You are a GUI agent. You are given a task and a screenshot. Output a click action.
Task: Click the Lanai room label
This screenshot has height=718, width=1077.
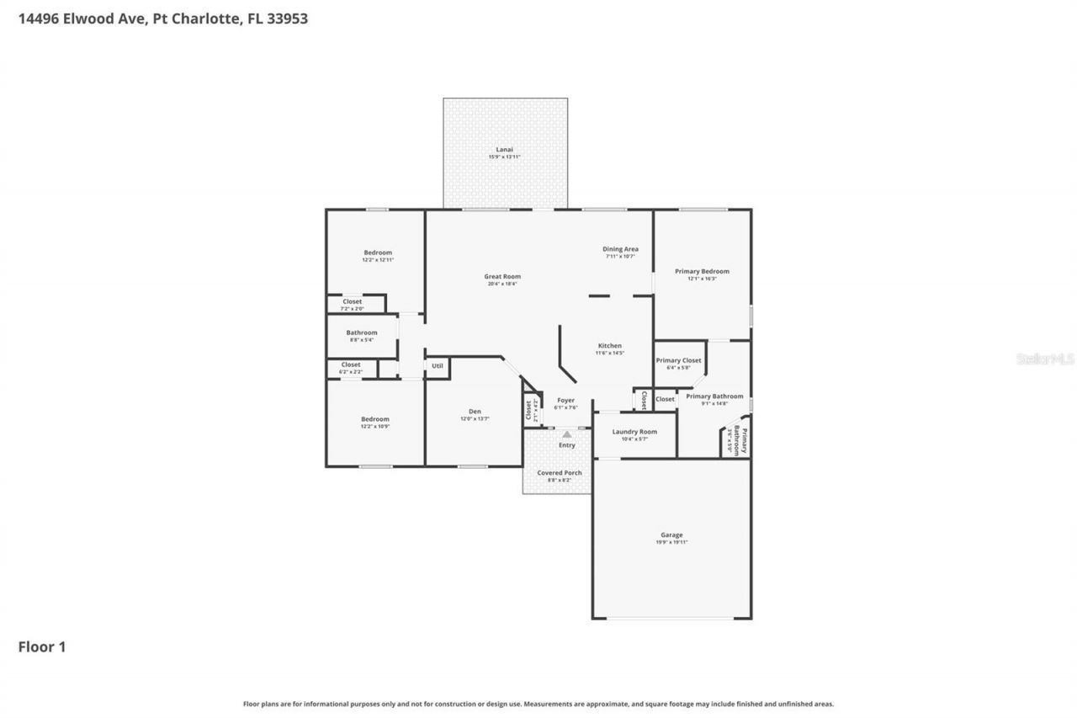click(x=504, y=150)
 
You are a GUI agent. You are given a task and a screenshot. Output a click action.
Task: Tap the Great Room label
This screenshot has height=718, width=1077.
click(x=502, y=277)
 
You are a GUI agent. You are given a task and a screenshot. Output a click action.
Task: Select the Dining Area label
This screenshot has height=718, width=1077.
click(x=620, y=249)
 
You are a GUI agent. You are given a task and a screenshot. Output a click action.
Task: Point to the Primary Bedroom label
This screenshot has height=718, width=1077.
click(x=702, y=272)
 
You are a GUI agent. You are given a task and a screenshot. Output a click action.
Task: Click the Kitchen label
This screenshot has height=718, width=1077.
click(x=610, y=346)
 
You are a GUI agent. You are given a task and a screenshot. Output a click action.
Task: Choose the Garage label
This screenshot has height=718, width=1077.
click(x=671, y=535)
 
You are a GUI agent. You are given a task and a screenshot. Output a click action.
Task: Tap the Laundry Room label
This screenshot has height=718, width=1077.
click(x=634, y=432)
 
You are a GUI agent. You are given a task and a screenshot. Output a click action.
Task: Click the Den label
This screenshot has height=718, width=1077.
click(x=475, y=412)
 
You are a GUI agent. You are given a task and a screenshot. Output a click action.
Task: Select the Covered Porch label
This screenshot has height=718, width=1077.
click(x=560, y=473)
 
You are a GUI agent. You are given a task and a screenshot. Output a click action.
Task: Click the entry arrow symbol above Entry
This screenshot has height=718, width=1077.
click(x=567, y=434)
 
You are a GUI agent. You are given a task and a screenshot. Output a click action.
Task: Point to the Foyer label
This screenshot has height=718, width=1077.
click(x=565, y=401)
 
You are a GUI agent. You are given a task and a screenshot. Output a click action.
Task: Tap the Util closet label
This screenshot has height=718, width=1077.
click(x=438, y=366)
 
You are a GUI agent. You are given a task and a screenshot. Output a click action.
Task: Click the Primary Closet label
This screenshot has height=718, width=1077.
click(x=678, y=361)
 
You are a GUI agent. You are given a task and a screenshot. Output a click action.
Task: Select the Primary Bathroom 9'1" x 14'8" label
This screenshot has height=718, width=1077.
click(x=714, y=396)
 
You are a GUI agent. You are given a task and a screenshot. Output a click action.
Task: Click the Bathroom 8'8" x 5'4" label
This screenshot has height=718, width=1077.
click(x=362, y=332)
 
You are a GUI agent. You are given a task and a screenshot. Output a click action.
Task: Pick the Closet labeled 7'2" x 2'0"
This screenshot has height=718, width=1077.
click(x=352, y=302)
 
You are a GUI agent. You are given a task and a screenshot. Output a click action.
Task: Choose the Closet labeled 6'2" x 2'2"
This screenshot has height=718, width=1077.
click(x=351, y=365)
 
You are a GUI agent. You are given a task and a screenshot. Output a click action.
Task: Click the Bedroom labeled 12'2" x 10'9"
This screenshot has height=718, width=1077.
click(x=375, y=419)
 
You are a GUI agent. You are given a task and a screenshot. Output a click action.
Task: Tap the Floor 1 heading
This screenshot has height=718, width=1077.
click(x=42, y=646)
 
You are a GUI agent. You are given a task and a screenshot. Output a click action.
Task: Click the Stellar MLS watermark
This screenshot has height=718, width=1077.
click(x=1044, y=359)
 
